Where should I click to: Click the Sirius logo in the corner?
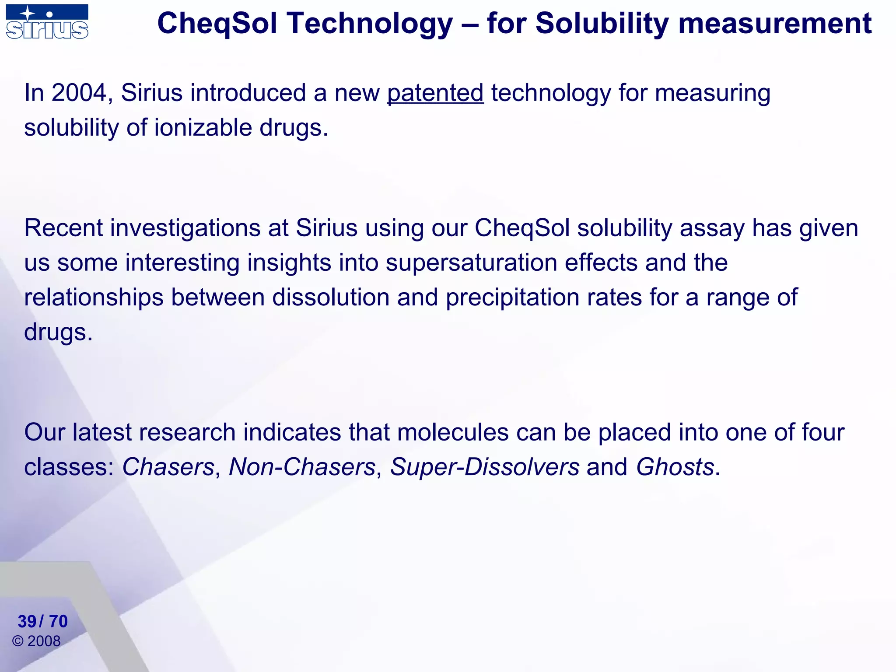click(x=47, y=22)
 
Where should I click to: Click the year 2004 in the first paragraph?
click(x=79, y=93)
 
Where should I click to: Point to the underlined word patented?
click(x=435, y=93)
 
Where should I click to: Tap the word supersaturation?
click(x=471, y=263)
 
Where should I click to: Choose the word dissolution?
click(x=331, y=298)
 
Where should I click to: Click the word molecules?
click(x=453, y=433)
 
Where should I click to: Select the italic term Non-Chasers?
click(x=302, y=467)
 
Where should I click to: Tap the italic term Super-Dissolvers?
click(x=485, y=467)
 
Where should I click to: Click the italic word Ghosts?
click(x=675, y=467)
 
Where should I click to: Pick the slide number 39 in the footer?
click(x=27, y=622)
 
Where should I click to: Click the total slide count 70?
click(x=58, y=622)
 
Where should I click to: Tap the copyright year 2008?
click(x=44, y=641)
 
